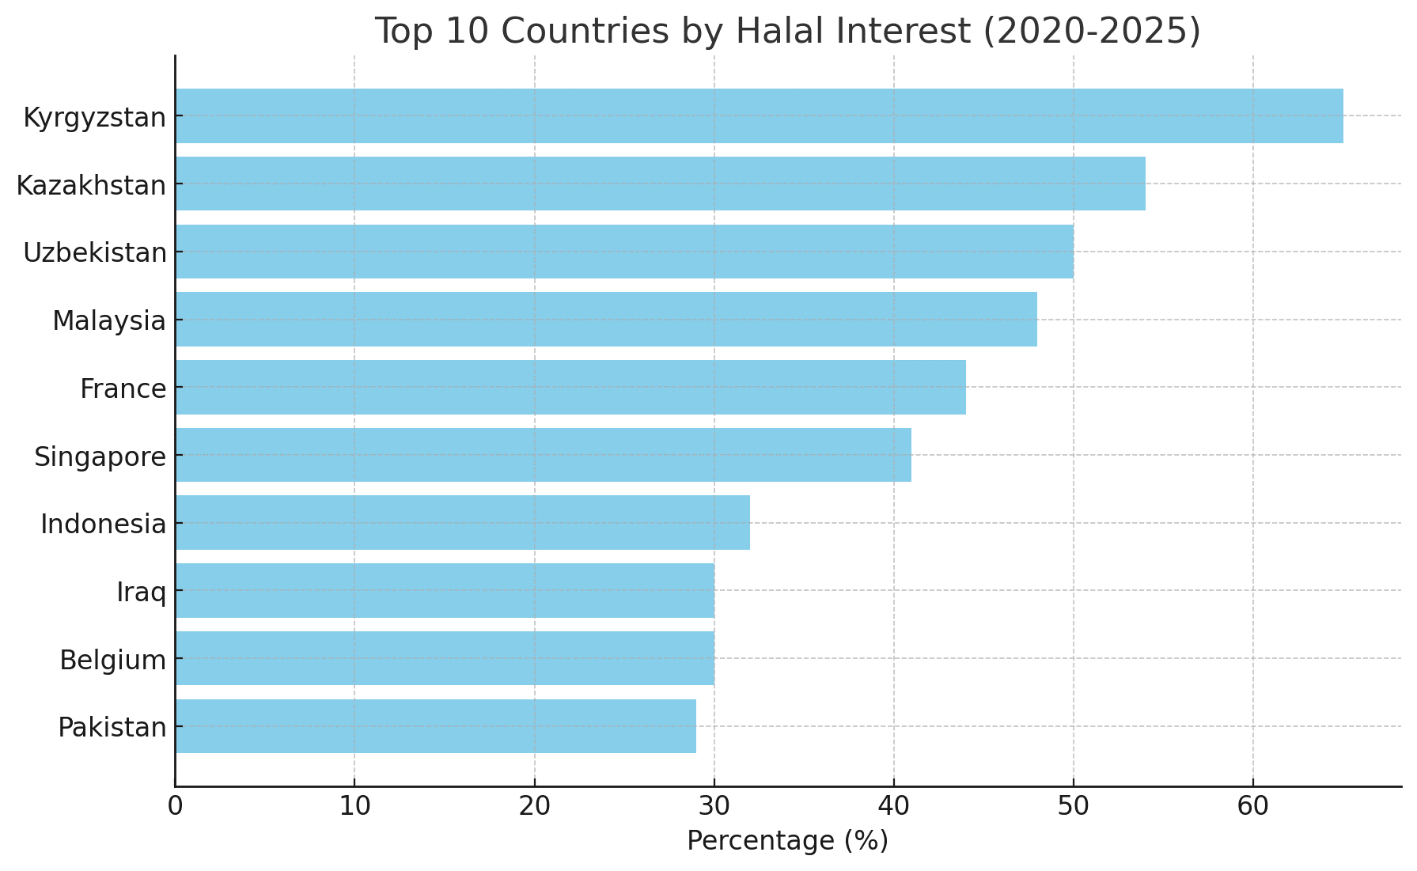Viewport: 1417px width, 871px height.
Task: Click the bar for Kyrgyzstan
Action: pyautogui.click(x=760, y=116)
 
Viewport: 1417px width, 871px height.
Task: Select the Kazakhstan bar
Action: pyautogui.click(x=661, y=184)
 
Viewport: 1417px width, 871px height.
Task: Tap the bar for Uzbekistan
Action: pyautogui.click(x=624, y=252)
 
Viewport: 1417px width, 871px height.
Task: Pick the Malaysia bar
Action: pyautogui.click(x=606, y=320)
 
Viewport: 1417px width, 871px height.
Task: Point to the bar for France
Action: pyautogui.click(x=570, y=387)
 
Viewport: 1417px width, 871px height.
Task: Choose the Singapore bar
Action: pyautogui.click(x=544, y=455)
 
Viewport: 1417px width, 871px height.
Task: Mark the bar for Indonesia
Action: pyautogui.click(x=463, y=523)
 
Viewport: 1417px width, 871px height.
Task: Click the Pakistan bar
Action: pyautogui.click(x=436, y=726)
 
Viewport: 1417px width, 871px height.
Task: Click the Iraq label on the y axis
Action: pyautogui.click(x=142, y=591)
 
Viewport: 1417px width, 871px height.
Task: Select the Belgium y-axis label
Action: pyautogui.click(x=113, y=659)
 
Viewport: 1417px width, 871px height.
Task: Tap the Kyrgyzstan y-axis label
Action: pyautogui.click(x=95, y=117)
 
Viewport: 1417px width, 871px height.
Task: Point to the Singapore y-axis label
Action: pyautogui.click(x=100, y=456)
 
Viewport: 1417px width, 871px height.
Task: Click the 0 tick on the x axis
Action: pyautogui.click(x=175, y=807)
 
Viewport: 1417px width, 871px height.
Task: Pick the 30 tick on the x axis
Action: pyautogui.click(x=714, y=807)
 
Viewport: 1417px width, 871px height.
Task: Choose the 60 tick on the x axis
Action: pyautogui.click(x=1253, y=807)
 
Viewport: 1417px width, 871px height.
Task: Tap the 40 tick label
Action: pyautogui.click(x=894, y=807)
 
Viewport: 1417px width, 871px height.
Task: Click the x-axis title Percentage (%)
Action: pyautogui.click(x=787, y=841)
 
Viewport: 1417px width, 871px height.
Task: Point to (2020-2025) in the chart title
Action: pyautogui.click(x=1091, y=32)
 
